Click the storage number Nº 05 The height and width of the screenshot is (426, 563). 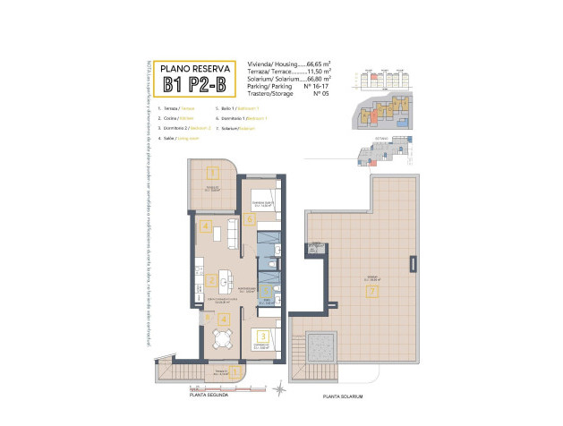tap(315, 94)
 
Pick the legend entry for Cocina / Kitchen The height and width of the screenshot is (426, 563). tap(175, 118)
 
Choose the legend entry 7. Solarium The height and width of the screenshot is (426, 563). tap(235, 129)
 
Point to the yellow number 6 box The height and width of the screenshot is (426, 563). tap(209, 317)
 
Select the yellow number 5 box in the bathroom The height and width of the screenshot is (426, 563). tap(249, 219)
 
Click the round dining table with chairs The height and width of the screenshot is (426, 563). tap(221, 337)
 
